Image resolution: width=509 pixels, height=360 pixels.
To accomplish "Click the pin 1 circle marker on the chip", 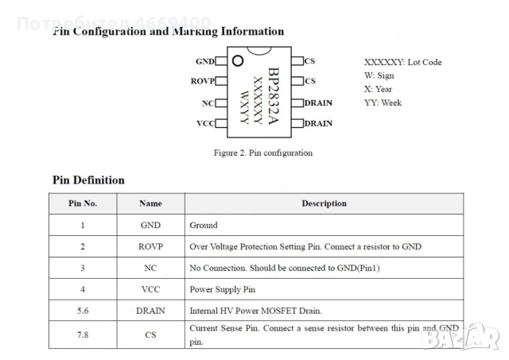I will (238, 60).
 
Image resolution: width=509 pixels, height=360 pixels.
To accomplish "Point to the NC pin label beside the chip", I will (208, 103).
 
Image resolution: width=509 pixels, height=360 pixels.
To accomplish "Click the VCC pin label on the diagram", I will (205, 123).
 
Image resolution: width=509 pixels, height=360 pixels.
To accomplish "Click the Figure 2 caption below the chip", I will (263, 153).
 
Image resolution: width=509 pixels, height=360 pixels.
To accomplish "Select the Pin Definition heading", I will (88, 180).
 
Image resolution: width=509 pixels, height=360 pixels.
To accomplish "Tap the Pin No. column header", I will (83, 203).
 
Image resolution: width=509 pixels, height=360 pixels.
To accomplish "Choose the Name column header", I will (150, 203).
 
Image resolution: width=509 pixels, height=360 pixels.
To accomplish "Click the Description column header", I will (324, 203).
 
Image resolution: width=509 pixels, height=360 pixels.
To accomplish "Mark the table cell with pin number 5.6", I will (83, 311).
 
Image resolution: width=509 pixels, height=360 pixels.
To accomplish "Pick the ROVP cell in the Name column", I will (150, 246).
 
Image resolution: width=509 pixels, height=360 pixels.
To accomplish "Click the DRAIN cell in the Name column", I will (150, 311).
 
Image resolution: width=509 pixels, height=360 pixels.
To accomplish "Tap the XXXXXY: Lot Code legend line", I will (402, 62).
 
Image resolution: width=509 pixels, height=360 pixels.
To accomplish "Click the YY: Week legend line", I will (383, 103).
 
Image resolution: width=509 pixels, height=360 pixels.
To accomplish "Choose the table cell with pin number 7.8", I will (83, 335).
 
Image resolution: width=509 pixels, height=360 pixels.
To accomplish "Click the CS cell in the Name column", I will (150, 335).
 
